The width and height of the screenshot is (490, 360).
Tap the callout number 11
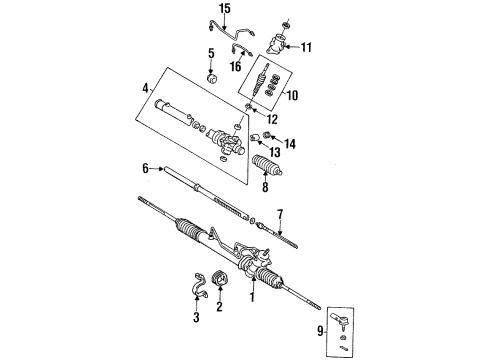(306, 47)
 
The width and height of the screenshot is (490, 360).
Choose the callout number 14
(291, 143)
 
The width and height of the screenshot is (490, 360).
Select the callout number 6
(145, 169)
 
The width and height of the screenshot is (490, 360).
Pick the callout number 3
(197, 318)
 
